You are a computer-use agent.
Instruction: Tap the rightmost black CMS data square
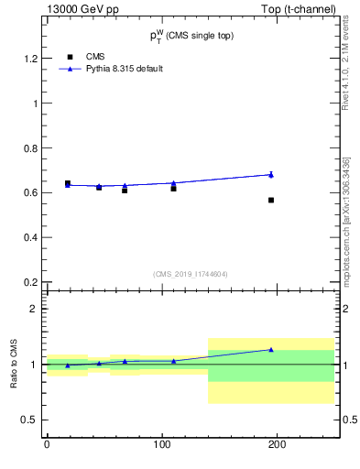point(271,200)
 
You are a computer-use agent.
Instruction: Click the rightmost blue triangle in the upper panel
point(271,174)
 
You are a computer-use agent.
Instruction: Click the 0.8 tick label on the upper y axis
point(29,148)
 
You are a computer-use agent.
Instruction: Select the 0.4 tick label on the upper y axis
point(29,238)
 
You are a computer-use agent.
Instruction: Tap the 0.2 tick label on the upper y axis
point(29,283)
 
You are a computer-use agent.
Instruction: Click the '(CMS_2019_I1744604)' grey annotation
point(190,274)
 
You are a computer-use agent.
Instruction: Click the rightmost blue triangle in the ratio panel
point(271,349)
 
